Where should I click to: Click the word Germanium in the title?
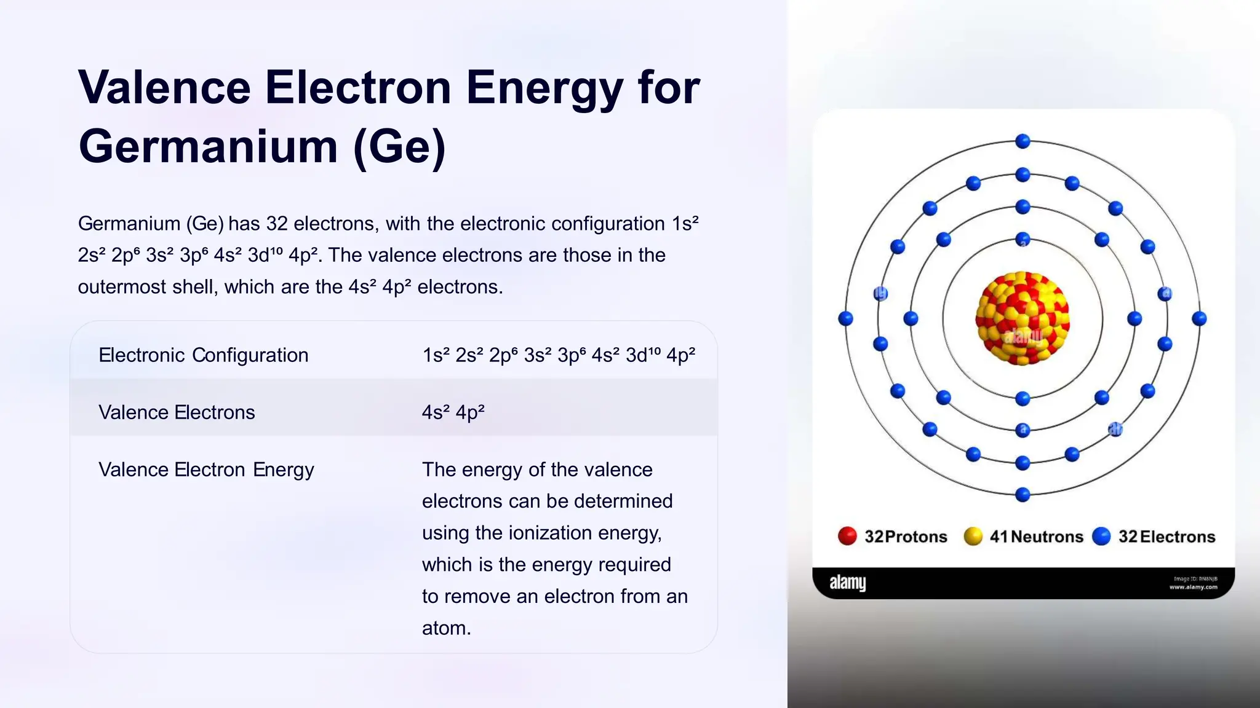[x=208, y=147]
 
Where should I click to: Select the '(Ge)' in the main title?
[x=399, y=147]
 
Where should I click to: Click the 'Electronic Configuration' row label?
[x=203, y=355]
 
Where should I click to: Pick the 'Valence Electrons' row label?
[x=177, y=412]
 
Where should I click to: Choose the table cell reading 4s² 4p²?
[x=453, y=412]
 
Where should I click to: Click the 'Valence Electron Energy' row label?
[x=206, y=470]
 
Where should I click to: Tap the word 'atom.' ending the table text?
[x=446, y=628]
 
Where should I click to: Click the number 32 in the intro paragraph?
[x=277, y=224]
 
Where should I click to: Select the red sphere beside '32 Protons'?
[x=847, y=536]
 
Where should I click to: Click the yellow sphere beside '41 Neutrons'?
[x=973, y=536]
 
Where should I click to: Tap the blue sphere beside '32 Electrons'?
[x=1101, y=536]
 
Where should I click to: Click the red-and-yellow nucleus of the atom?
[x=1023, y=318]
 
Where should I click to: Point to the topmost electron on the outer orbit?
[x=1023, y=141]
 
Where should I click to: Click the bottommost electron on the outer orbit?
[x=1023, y=494]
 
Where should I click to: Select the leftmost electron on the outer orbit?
[x=846, y=318]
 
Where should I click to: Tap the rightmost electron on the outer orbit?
[x=1199, y=318]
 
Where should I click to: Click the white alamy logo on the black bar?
[x=847, y=583]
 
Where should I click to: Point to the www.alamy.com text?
[x=1193, y=588]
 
